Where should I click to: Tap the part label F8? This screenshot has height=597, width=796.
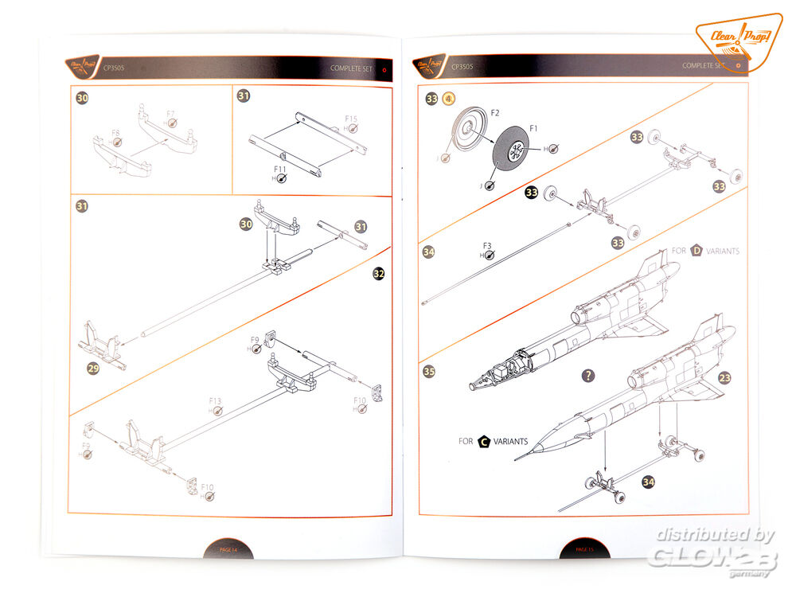point(116,133)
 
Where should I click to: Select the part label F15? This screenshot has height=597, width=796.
point(351,119)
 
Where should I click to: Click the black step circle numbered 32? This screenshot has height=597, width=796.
point(379,273)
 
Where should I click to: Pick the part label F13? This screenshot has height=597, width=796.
point(215,400)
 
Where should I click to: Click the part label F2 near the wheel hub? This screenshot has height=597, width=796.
point(494,114)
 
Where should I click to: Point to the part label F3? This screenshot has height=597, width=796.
point(488,245)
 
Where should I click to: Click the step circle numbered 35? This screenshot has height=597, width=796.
point(430,372)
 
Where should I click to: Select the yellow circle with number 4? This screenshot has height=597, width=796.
point(449,99)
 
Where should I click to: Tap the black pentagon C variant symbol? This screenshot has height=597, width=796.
point(484,441)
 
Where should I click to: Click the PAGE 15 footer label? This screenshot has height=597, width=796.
point(583,549)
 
